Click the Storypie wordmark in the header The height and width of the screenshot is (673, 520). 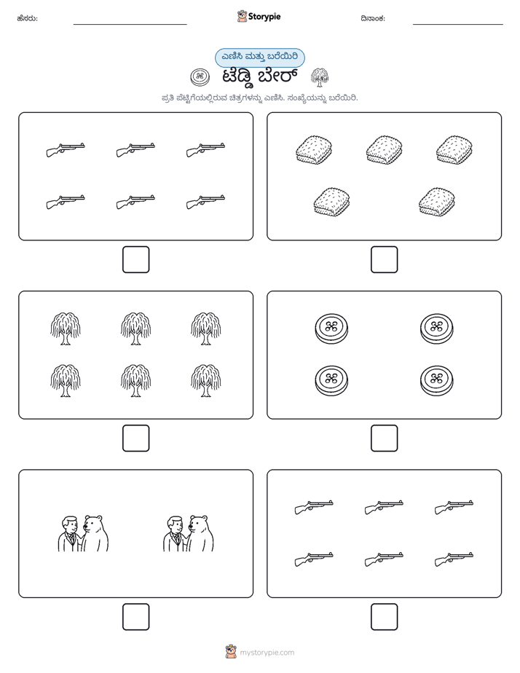point(264,17)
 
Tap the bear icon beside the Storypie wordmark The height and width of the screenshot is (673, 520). point(242,16)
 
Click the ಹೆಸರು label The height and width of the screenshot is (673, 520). point(27,18)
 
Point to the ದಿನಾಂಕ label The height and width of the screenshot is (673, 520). point(373,18)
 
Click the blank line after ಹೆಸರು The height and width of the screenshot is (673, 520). point(130,24)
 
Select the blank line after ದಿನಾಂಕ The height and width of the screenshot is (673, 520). point(458,24)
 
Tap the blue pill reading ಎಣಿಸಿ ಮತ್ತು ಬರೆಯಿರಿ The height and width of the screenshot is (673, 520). point(259,58)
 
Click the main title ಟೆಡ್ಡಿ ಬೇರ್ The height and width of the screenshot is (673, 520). point(260,78)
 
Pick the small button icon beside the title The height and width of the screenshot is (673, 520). point(200,77)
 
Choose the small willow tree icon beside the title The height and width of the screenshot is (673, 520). point(320,77)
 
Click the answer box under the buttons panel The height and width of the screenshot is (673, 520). point(384,438)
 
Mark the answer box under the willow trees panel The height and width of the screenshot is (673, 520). point(136,438)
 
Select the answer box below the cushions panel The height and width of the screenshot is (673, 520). point(384,260)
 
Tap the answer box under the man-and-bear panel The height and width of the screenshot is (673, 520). point(136,617)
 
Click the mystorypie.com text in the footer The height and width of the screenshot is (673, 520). point(267,653)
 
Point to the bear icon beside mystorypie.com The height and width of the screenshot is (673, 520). point(231,652)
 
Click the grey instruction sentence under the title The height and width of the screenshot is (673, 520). point(259,98)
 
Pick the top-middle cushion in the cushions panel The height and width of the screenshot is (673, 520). point(384,150)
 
